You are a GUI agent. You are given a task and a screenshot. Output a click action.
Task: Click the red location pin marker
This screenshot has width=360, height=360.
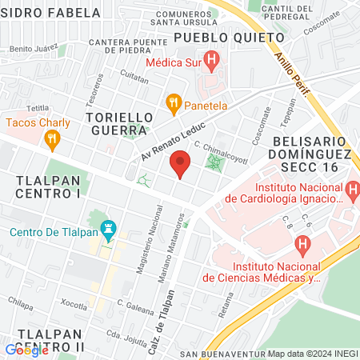pos(181,166)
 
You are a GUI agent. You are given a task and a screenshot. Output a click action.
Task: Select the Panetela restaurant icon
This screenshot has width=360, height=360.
pos(172,102)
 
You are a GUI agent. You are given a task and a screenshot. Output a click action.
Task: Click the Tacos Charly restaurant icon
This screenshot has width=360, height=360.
pos(53,139)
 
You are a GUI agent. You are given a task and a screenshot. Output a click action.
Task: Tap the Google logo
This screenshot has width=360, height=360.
pos(26,350)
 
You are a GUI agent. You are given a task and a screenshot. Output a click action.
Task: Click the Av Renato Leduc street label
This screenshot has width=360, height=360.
pos(174,142)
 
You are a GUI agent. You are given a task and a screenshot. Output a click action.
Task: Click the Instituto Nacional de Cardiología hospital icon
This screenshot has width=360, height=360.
pos(353,190)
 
